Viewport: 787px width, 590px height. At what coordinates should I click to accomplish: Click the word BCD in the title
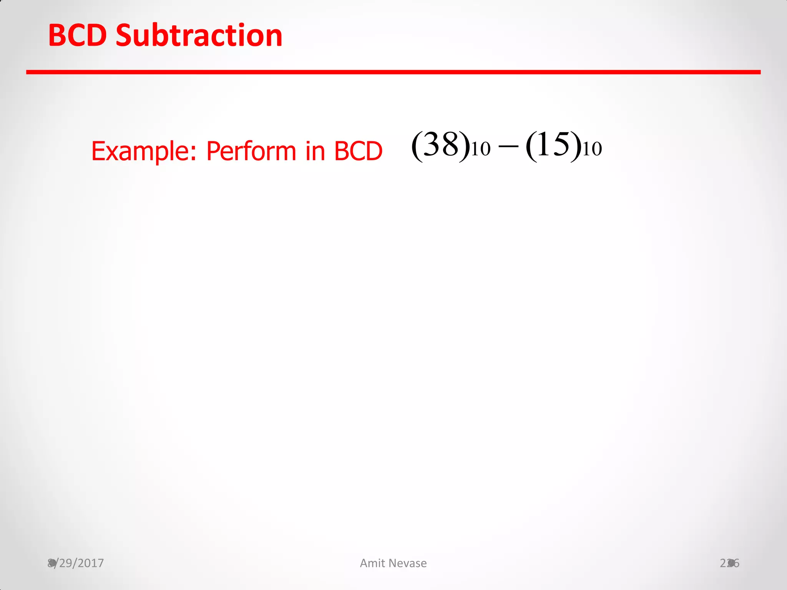pos(77,36)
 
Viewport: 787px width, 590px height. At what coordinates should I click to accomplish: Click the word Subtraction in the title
pos(199,36)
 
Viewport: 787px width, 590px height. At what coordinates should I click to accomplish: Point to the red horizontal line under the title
pos(393,72)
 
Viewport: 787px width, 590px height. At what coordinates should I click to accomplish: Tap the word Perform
pos(251,151)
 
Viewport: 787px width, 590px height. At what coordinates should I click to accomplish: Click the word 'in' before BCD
pos(315,151)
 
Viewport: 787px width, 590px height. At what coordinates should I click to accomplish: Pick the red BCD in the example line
pos(358,151)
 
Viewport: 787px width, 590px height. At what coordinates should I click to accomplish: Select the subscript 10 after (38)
pos(481,149)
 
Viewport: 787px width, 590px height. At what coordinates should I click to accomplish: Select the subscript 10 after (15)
pos(592,149)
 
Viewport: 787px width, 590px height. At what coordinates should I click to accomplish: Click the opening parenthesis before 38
pos(417,146)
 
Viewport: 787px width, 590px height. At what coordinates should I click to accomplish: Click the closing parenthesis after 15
pos(576,146)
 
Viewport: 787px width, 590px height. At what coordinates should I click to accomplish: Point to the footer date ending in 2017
pos(76,563)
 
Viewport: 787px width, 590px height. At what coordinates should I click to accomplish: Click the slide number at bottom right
pos(729,563)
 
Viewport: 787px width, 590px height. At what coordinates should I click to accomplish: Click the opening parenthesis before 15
pos(531,146)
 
